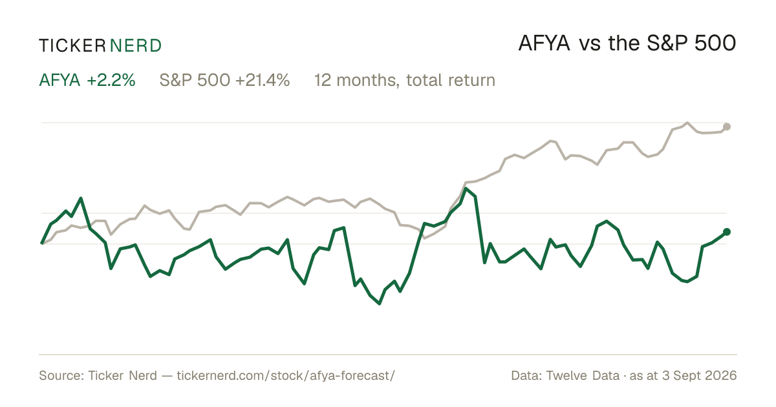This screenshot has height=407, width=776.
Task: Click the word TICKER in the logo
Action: (72, 46)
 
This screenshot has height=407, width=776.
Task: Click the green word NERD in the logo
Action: (135, 46)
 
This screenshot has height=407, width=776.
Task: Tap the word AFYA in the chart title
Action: (544, 43)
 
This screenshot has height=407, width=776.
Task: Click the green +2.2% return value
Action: (111, 80)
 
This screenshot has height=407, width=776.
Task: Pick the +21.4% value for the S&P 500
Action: (263, 80)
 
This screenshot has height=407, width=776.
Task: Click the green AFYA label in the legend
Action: (59, 80)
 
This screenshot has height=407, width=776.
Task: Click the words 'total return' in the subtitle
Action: (451, 80)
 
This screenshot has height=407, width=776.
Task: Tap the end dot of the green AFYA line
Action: (727, 232)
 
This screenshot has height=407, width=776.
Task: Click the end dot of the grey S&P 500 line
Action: (727, 127)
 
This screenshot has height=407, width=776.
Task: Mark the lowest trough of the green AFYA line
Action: (380, 304)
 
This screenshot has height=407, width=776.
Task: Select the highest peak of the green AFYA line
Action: (466, 189)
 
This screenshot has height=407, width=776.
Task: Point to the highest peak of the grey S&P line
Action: (687, 123)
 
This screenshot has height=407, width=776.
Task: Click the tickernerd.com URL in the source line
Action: (286, 375)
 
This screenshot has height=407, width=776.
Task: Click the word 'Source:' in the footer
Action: (61, 375)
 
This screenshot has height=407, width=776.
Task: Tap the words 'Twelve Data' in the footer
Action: (583, 375)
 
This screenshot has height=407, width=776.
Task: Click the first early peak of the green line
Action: (81, 198)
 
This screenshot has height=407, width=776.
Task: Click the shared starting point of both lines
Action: (42, 244)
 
